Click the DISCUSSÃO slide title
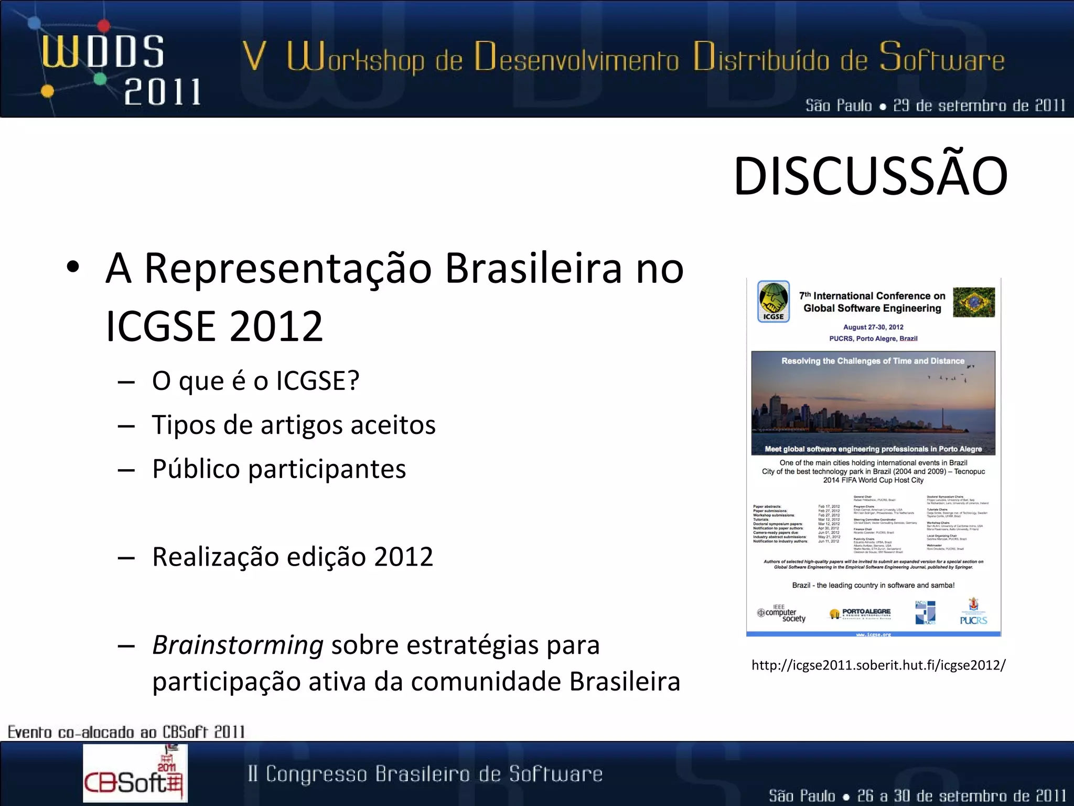871,177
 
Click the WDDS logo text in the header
103,52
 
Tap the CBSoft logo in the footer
135,773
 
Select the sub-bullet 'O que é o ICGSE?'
255,380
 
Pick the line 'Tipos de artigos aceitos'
294,425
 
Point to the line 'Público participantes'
279,469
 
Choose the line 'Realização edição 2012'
293,557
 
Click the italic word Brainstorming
238,645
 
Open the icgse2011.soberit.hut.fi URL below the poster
878,665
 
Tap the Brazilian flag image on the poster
974,302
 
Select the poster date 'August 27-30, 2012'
873,327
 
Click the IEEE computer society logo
781,614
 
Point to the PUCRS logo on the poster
973,612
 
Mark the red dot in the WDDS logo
104,25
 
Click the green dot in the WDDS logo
100,79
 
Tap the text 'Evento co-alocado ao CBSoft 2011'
126,731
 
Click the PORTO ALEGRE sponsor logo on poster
860,613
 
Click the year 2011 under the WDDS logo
163,92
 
